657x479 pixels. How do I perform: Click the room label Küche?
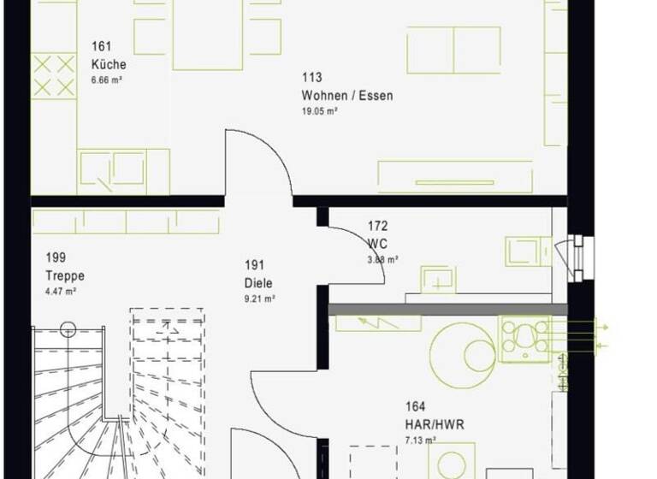109,64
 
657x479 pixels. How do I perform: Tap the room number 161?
101,47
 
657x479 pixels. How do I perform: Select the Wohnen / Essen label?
347,96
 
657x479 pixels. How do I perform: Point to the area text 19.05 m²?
319,111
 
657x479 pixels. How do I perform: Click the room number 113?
311,79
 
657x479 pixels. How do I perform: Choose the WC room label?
376,243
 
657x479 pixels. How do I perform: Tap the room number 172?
377,226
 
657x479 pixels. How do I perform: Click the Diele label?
257,282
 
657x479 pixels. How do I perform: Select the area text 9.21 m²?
259,299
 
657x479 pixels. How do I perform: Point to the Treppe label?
65,275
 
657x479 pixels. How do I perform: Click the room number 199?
56,257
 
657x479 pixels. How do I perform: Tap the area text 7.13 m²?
422,441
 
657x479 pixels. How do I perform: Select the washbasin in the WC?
436,279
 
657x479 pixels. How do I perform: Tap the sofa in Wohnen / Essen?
453,50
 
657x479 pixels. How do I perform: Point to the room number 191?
253,265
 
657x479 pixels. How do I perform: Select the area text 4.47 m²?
62,292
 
